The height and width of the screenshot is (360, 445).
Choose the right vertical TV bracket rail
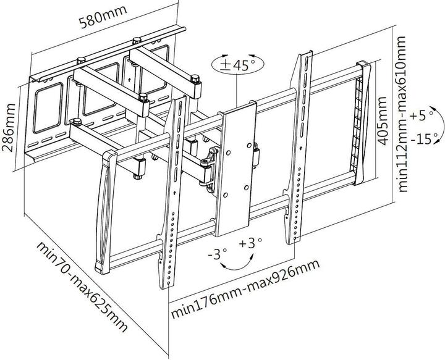[x=299, y=148]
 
